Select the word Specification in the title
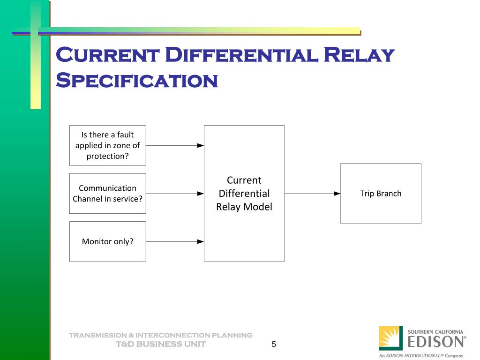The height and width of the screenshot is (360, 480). [136, 81]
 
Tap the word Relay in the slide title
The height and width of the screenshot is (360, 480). [359, 55]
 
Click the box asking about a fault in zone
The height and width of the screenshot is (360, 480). [107, 145]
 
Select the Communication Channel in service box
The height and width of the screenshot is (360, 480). [107, 193]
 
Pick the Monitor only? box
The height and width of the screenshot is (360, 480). [107, 241]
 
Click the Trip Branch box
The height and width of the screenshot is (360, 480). [381, 193]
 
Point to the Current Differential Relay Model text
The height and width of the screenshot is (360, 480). [244, 193]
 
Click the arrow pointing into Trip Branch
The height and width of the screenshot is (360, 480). [312, 193]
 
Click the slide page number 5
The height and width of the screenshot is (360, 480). [274, 345]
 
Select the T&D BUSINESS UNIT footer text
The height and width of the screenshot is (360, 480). [161, 344]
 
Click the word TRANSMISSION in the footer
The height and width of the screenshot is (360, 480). [97, 335]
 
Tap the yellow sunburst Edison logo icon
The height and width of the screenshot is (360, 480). [390, 338]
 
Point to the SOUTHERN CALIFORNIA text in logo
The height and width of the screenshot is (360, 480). [435, 331]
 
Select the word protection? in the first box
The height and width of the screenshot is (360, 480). [107, 157]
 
